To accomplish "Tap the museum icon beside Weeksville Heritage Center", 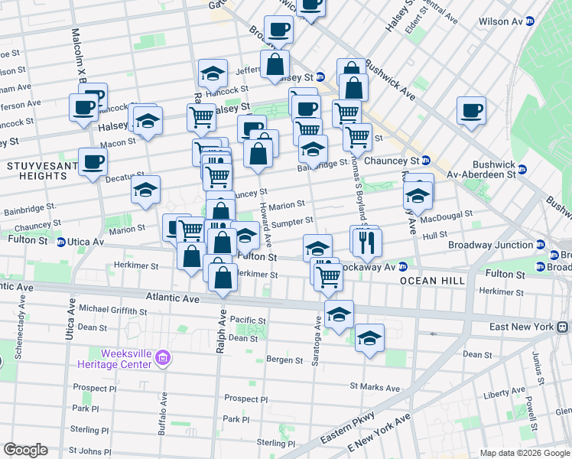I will [x=161, y=357].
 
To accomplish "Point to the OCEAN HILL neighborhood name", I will [x=432, y=282].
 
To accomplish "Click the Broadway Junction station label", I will [x=490, y=246].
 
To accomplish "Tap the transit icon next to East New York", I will [x=563, y=327].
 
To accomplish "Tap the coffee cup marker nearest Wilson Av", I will [x=471, y=110].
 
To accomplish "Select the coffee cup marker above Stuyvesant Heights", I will [x=93, y=162].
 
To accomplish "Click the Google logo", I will [x=25, y=450].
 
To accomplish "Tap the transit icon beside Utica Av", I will [x=62, y=242].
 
